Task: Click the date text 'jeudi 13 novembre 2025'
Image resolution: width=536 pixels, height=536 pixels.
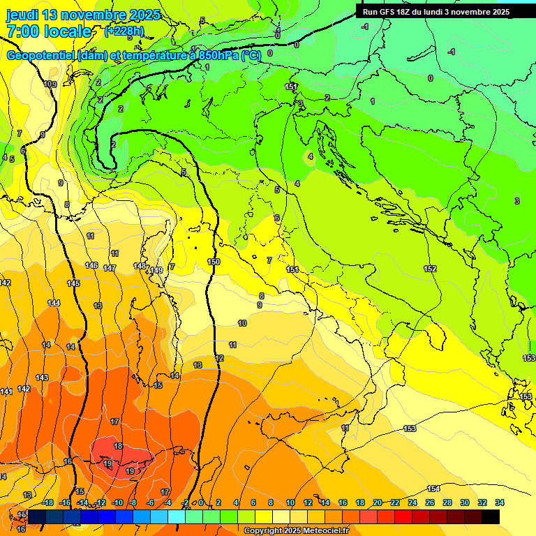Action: (83, 15)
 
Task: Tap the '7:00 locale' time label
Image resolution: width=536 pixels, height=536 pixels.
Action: (49, 31)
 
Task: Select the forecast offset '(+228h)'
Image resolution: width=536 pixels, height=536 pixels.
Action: (124, 31)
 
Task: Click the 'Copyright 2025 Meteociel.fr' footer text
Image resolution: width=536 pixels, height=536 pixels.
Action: (296, 530)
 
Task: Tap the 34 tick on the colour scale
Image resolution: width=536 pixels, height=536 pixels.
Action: (500, 502)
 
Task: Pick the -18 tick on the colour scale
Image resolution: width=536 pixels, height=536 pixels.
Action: (48, 502)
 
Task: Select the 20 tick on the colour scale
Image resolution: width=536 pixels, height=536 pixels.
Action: (378, 502)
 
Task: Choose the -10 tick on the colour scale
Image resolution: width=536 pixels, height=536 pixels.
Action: (117, 502)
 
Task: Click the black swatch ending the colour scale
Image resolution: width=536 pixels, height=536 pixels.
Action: (491, 516)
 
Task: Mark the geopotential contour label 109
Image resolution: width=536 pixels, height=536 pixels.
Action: (50, 84)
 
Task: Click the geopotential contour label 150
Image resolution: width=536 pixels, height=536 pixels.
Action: (214, 262)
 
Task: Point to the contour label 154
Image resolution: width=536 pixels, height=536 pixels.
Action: (433, 489)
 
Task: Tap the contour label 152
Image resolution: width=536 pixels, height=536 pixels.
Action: (430, 269)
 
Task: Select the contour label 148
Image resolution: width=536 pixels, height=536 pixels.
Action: (140, 266)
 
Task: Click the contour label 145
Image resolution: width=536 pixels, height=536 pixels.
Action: (73, 283)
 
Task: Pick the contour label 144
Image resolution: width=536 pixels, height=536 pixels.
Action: (54, 303)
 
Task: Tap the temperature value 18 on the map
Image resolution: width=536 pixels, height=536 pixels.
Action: (119, 446)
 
